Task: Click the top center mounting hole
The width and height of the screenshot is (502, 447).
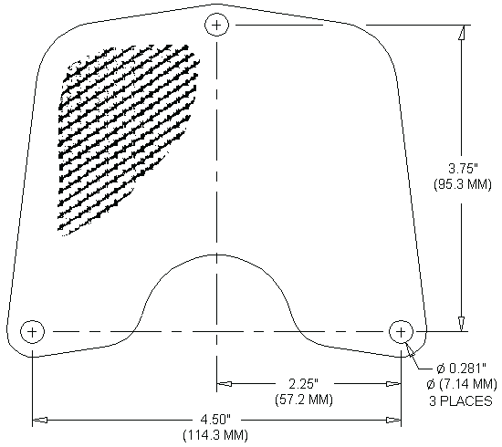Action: pos(217,25)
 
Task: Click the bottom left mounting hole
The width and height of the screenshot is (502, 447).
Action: pos(32,330)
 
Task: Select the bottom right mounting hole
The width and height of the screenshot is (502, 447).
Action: pos(402,330)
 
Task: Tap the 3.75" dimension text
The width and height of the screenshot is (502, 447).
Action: pos(461,168)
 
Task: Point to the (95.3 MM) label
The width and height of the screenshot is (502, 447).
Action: pos(461,182)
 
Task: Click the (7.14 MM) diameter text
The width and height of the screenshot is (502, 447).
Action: pos(460,384)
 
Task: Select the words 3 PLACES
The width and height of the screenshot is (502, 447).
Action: pos(460,400)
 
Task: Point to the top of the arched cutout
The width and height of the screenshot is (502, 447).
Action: pos(217,255)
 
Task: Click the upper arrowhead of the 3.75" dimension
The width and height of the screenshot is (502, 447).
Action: pos(462,31)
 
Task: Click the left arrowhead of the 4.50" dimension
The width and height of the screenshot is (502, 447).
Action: pos(39,420)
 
